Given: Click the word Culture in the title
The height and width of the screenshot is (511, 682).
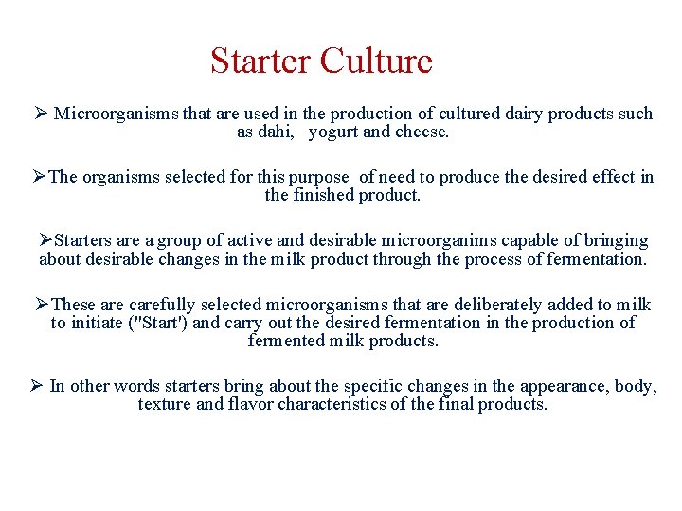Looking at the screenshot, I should point(376,62).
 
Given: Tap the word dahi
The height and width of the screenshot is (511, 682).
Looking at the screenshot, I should point(275,132).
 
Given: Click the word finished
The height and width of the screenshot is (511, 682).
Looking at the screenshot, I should point(322,195).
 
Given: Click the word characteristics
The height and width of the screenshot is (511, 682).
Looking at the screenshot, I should point(362,404).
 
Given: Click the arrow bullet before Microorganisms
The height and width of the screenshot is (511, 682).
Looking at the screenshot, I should point(40,114).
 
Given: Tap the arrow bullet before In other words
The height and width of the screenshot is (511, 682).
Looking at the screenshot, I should point(35,386).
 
